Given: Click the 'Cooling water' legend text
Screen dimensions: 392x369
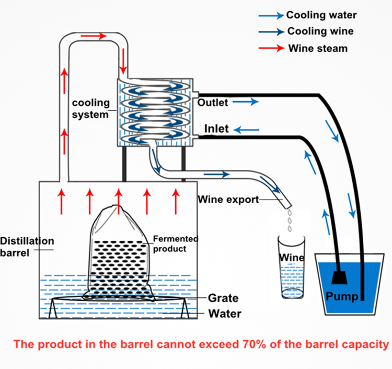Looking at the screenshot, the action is (321, 15).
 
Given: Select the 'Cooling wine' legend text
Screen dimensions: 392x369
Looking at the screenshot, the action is (320, 31).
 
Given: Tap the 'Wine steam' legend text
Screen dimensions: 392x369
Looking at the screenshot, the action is (318, 48).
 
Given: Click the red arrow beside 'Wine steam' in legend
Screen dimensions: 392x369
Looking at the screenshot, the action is (271, 48).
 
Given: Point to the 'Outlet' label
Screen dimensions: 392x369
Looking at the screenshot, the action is (213, 102).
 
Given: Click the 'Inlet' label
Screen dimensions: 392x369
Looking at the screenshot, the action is (216, 129).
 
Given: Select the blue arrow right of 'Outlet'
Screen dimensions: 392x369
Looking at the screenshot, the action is (246, 102).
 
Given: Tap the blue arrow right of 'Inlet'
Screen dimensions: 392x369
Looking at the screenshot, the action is (246, 130).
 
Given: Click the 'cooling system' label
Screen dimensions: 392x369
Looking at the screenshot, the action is (90, 109).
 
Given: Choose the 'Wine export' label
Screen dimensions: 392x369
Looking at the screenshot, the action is (228, 200).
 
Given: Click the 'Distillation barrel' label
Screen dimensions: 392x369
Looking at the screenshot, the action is (27, 247).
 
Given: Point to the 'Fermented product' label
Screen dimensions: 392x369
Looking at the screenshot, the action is (175, 244).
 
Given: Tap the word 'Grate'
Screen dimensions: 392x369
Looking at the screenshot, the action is (223, 298).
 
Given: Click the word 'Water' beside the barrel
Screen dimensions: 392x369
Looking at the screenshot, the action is (225, 314).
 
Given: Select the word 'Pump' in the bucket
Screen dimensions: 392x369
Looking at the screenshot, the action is (342, 297).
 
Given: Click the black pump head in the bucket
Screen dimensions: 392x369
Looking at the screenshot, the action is (339, 278).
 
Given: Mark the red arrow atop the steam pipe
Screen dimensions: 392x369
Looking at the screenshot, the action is (94, 36).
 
